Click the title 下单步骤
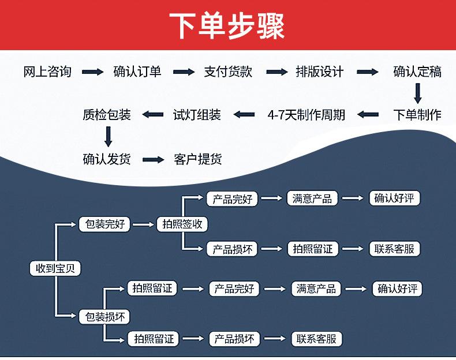click(x=227, y=25)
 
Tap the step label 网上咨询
click(x=47, y=72)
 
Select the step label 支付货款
click(x=229, y=72)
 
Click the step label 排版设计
click(x=320, y=72)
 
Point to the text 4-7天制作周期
click(x=307, y=115)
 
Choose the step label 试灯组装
click(x=197, y=115)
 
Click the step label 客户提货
click(x=198, y=159)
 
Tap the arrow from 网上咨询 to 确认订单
click(x=92, y=72)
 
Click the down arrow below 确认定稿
click(x=417, y=93)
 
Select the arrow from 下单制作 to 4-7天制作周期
click(x=368, y=115)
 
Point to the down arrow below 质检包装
click(x=108, y=137)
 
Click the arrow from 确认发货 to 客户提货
click(x=154, y=159)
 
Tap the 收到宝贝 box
click(x=55, y=268)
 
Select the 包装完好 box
click(x=104, y=224)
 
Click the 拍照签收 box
click(x=182, y=224)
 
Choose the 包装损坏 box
click(x=104, y=317)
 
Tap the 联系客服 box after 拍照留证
click(x=395, y=249)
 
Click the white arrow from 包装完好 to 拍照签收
click(x=143, y=224)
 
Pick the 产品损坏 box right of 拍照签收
click(x=233, y=249)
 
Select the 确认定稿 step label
click(x=417, y=72)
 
